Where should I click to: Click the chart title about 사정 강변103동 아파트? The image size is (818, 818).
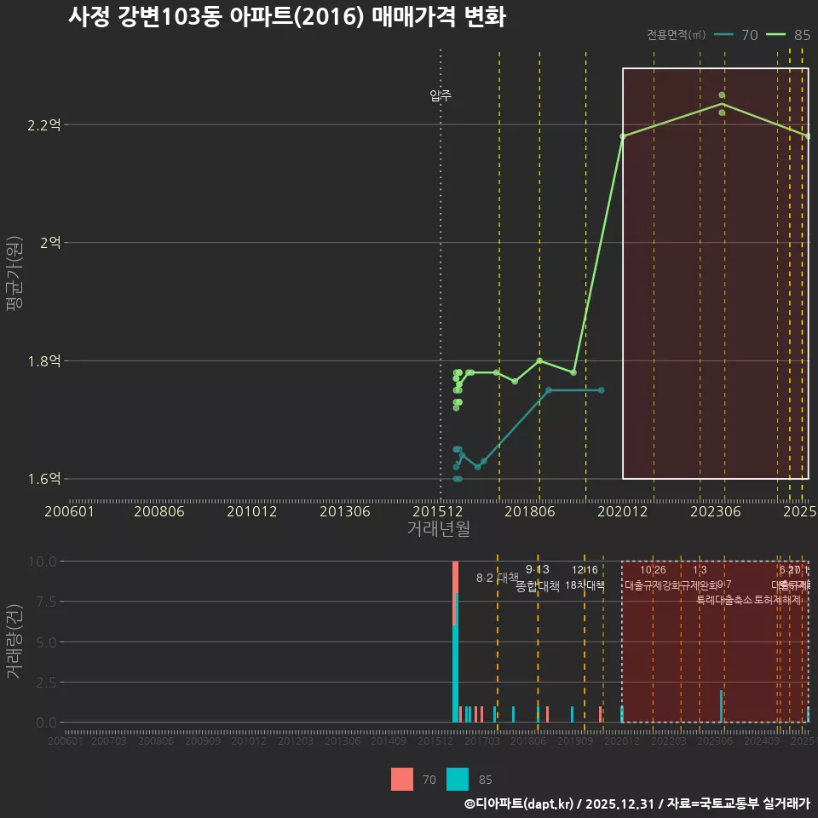click(287, 17)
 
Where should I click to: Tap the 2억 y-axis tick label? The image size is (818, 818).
click(50, 243)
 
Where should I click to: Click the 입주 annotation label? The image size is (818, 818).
click(441, 95)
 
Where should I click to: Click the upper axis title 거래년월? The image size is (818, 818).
click(438, 529)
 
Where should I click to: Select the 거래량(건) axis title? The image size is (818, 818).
click(14, 642)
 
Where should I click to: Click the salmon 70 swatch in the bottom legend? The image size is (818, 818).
click(402, 779)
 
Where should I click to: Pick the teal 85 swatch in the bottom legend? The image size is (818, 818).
click(458, 779)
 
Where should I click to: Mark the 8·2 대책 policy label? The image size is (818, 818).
click(497, 579)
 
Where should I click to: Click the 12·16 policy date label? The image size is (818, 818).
click(585, 570)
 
